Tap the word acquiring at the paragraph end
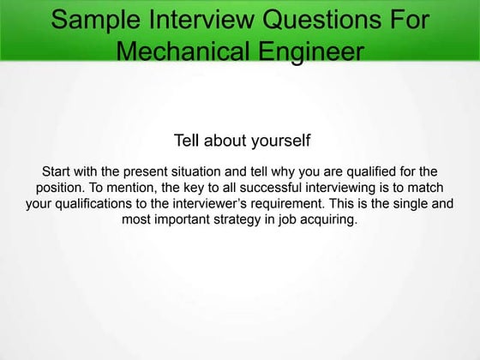point(329,219)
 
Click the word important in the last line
point(179,219)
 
